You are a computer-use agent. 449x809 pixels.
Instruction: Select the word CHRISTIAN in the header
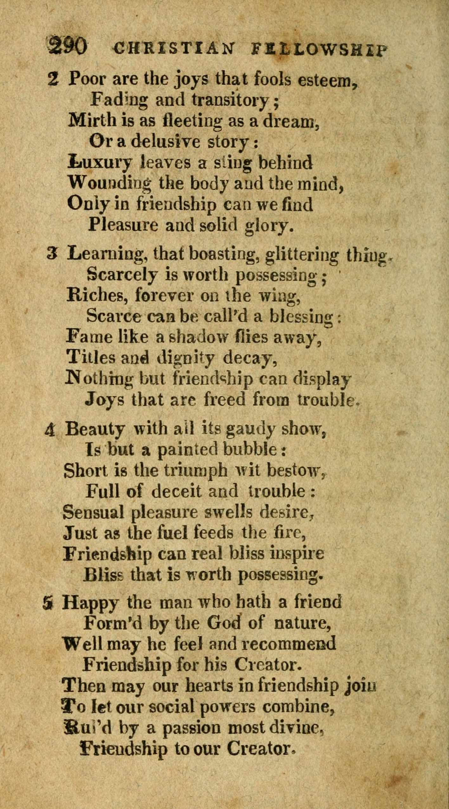[x=175, y=48]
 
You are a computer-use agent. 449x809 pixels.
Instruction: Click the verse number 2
[x=53, y=78]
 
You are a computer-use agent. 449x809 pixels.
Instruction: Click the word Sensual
[x=94, y=512]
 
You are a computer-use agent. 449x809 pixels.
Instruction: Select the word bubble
[x=250, y=450]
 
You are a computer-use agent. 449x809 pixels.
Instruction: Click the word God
[x=224, y=623]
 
